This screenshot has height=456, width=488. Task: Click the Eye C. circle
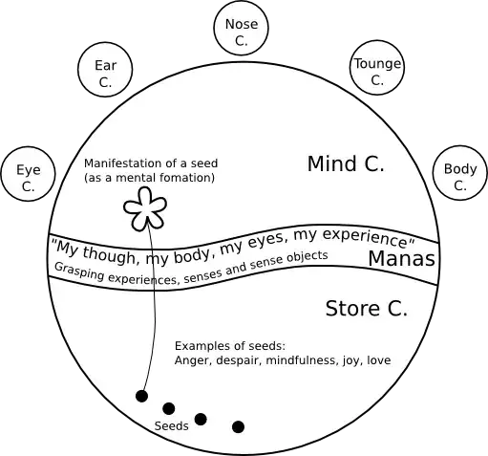tap(28, 177)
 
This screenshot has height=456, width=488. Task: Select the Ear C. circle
tap(104, 74)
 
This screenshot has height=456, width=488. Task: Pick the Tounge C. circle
tap(377, 72)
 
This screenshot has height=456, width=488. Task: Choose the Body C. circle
tap(459, 177)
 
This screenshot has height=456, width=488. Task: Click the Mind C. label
tap(345, 164)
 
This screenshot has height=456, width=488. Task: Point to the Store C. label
tap(366, 309)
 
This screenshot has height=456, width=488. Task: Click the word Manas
tap(402, 259)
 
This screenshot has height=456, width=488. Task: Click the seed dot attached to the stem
tap(141, 396)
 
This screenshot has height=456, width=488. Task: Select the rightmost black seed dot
tap(238, 426)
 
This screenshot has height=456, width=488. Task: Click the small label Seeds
tap(171, 426)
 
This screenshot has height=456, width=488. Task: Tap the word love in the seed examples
tap(378, 360)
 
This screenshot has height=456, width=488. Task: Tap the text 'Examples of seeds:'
tap(230, 345)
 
